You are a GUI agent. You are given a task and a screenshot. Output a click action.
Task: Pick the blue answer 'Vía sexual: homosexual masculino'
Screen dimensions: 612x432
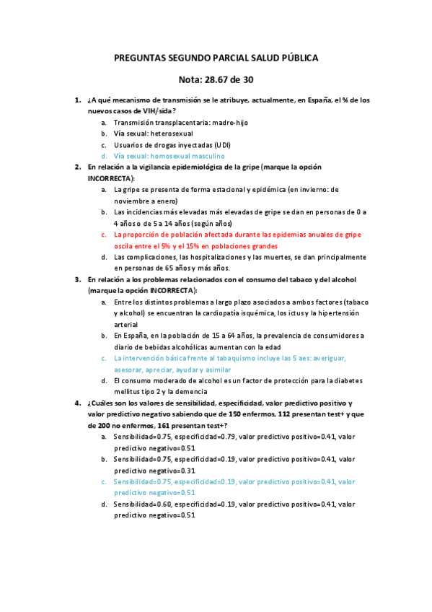(169, 155)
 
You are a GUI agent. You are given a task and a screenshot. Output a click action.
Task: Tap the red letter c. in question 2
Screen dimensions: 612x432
(104, 235)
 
